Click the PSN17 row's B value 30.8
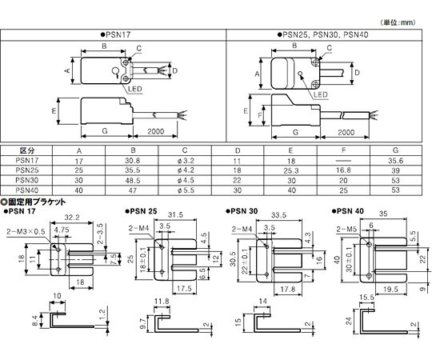coord(133,160)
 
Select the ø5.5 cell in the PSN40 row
coord(186,190)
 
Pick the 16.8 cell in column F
coord(343,170)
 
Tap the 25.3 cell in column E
coord(291,170)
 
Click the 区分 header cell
coord(27,150)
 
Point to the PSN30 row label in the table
coord(27,181)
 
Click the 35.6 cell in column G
coord(396,160)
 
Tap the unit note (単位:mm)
coord(398,22)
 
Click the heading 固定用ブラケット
coord(33,202)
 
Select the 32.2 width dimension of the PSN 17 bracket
coord(72,218)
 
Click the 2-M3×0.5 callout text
coord(26,232)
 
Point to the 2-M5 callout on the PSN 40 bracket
coord(346,229)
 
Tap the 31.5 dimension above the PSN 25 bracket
coord(175,215)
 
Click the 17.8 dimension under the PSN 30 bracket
coord(288,289)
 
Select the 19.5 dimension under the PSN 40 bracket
coord(390,290)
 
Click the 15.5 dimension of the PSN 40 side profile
coord(366,298)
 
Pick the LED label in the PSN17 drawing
coord(135,89)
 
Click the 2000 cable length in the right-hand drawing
coord(346,133)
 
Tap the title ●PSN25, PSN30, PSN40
coord(323,35)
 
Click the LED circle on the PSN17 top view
coord(115,71)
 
